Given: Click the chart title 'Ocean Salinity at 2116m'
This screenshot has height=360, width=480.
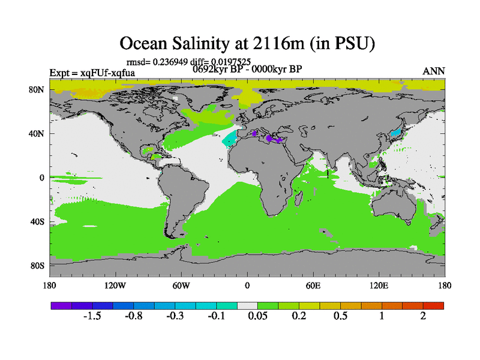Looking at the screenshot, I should point(247,44).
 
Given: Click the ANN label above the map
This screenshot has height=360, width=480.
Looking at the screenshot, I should point(434,71).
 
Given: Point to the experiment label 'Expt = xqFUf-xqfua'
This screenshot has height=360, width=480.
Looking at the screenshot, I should point(92,73).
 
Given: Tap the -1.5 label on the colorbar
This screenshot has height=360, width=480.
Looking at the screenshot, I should point(92,316).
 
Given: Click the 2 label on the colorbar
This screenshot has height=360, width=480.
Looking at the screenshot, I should point(423,316).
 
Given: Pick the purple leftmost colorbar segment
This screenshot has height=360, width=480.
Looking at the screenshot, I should point(61,305).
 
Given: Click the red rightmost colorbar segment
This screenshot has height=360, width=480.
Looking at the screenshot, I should point(434,305).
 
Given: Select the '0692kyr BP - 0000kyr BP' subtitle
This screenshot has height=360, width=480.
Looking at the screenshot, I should point(247,68).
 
